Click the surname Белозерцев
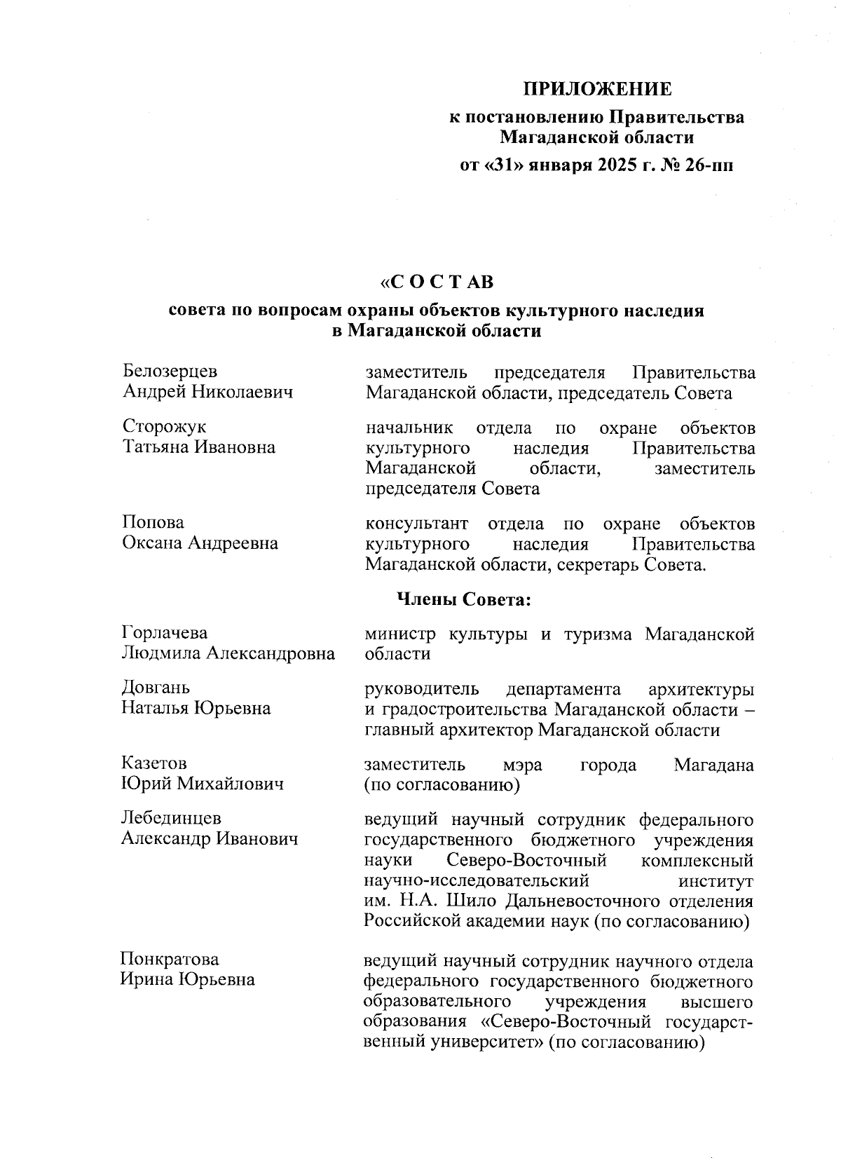tap(170, 372)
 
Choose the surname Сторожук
tap(165, 427)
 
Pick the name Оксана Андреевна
tap(200, 543)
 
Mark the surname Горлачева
tap(165, 633)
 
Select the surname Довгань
tap(156, 688)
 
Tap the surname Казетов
tap(154, 763)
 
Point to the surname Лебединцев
tap(171, 818)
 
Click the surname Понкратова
tap(170, 958)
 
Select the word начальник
tap(409, 427)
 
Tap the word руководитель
tap(422, 688)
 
